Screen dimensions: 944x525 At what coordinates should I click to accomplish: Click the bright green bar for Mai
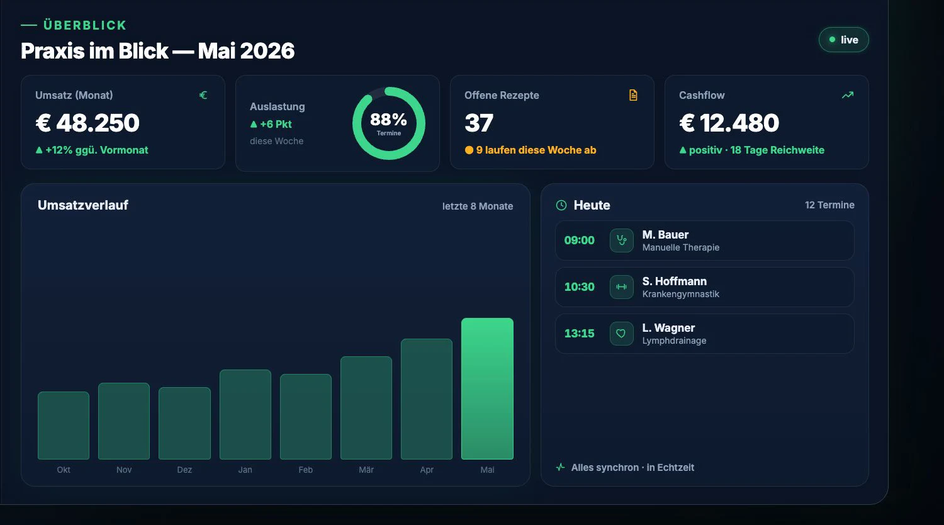click(x=487, y=388)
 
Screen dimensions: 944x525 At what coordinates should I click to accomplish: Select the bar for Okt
click(x=64, y=426)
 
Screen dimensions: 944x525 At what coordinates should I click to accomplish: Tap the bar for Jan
click(x=245, y=414)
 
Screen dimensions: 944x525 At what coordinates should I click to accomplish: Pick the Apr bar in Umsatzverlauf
click(x=427, y=399)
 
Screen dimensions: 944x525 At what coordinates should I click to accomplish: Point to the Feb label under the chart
click(x=305, y=470)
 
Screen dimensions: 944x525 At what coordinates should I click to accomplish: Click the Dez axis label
click(x=184, y=470)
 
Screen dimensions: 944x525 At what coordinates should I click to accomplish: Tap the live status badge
click(x=844, y=40)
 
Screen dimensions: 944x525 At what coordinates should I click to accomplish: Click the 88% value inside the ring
click(x=388, y=120)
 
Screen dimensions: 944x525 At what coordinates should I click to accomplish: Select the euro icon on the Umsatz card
click(x=203, y=95)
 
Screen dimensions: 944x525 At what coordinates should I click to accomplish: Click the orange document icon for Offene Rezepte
click(x=633, y=95)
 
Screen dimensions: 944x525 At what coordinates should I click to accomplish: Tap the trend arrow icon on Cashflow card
click(x=848, y=95)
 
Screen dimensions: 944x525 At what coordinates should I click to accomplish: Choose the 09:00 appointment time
click(x=580, y=240)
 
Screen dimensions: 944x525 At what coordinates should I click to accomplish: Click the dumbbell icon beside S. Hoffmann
click(x=622, y=287)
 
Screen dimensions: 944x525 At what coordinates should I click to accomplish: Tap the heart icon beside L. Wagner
click(x=622, y=334)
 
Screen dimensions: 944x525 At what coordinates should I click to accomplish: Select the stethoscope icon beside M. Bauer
click(x=622, y=240)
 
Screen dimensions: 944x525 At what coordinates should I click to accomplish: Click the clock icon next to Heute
click(x=561, y=205)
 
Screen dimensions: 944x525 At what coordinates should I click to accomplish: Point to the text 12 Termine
click(x=830, y=205)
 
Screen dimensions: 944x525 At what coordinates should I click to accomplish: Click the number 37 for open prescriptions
click(x=479, y=123)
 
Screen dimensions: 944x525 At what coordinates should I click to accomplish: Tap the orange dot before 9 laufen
click(x=469, y=150)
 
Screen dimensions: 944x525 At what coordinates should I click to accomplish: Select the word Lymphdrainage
click(x=674, y=341)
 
